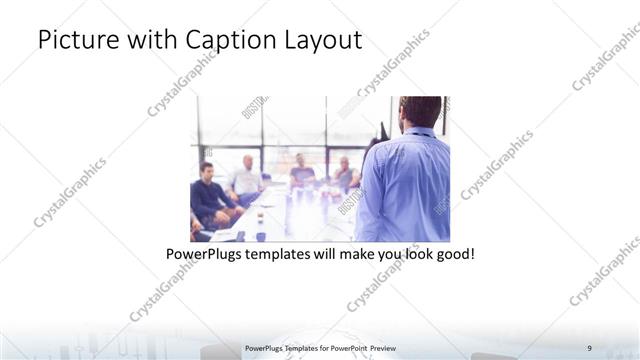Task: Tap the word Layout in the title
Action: pyautogui.click(x=324, y=41)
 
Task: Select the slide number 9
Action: pyautogui.click(x=590, y=347)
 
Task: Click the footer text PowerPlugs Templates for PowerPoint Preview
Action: pyautogui.click(x=319, y=347)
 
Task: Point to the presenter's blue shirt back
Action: pyautogui.click(x=405, y=190)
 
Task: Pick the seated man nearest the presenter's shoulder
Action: pyautogui.click(x=345, y=174)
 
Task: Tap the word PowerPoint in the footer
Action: pyautogui.click(x=343, y=347)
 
